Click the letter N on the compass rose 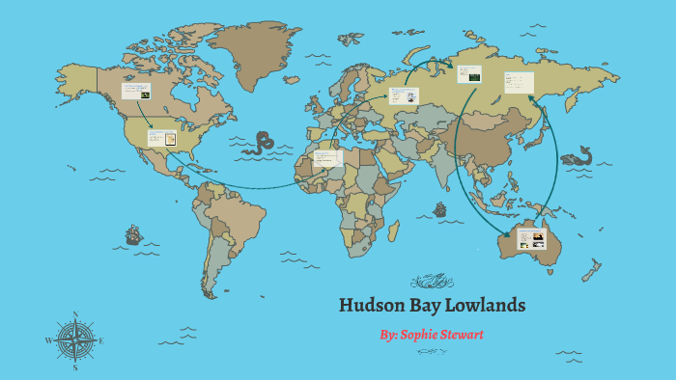pyautogui.click(x=75, y=315)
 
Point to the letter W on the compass pyautogui.click(x=48, y=340)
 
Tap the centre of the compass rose pyautogui.click(x=75, y=340)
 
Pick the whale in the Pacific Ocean pyautogui.click(x=577, y=155)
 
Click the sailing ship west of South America pyautogui.click(x=132, y=234)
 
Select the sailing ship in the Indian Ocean pyautogui.click(x=440, y=208)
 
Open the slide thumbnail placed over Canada pyautogui.click(x=136, y=92)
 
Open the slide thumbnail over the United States pyautogui.click(x=161, y=137)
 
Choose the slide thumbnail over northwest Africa pyautogui.click(x=327, y=157)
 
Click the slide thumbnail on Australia pyautogui.click(x=532, y=238)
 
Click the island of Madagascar pyautogui.click(x=394, y=230)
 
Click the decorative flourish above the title pyautogui.click(x=432, y=282)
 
